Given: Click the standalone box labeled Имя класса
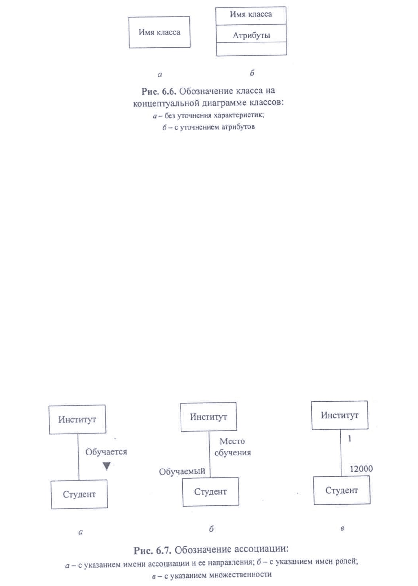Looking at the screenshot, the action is point(159,32).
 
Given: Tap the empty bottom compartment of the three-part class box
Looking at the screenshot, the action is point(252,49).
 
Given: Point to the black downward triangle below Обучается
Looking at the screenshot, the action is point(107,466).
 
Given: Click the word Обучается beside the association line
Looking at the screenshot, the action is point(106,452).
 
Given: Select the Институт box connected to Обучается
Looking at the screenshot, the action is point(78,419).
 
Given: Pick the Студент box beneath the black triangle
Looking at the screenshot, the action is point(79,494).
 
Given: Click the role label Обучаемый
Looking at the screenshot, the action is point(182,471).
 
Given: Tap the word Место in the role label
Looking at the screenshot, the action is point(232,441).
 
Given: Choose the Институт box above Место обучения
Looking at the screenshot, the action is point(209,417).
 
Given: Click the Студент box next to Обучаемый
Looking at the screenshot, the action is point(210,491).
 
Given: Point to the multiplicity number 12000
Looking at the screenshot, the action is point(361,469).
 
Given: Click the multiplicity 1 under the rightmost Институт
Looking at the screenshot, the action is point(350,438).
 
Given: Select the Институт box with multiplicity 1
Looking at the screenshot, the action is point(340,415).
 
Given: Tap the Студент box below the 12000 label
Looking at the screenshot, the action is point(342,490).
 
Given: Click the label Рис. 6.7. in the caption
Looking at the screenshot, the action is point(153,551).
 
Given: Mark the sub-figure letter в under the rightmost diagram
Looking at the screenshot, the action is point(342,528).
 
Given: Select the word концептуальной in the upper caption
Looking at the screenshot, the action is point(166,103).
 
